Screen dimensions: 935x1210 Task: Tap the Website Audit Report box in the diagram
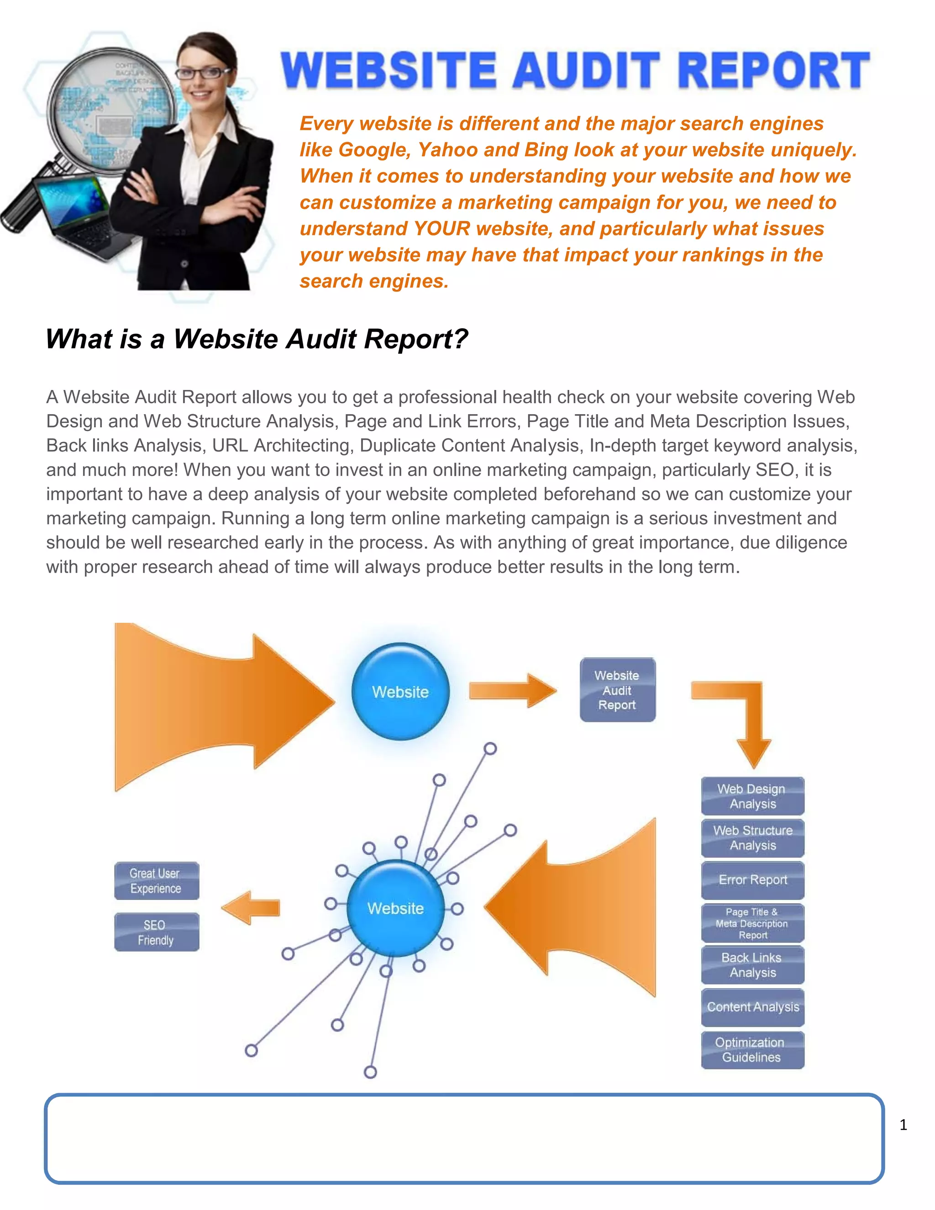[617, 690]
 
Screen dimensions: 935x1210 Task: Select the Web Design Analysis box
[752, 796]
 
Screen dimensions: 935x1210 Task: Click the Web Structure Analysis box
[752, 838]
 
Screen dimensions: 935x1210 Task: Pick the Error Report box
[752, 880]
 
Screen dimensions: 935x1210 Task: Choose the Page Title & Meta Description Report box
[752, 923]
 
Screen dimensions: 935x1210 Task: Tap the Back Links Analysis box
[752, 965]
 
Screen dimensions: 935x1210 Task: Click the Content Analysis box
[752, 1007]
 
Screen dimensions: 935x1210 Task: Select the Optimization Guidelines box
[752, 1049]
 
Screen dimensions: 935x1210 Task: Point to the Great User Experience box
[156, 880]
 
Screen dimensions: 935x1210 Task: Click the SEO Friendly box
[156, 932]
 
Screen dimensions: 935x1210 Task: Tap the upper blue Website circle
[400, 691]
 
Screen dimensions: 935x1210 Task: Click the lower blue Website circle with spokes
[395, 908]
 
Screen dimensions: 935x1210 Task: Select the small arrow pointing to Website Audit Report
[512, 690]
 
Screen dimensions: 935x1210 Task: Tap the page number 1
[903, 1125]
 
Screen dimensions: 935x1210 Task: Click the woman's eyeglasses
[203, 73]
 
